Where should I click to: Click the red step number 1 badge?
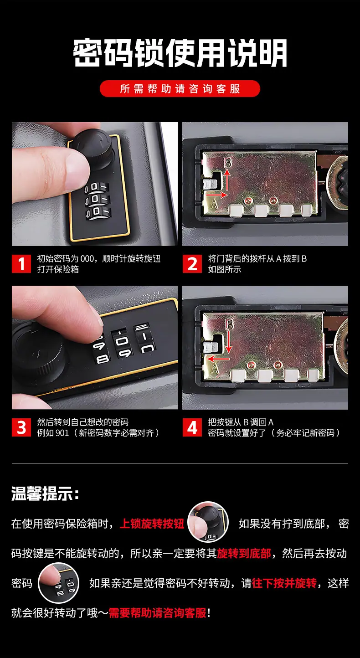point(21,264)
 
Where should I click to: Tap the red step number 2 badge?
point(192,264)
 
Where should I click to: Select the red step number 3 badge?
point(21,427)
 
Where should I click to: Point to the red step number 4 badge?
point(192,427)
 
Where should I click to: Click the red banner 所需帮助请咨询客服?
point(180,89)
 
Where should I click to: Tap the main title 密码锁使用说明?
point(180,53)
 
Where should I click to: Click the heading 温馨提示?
point(45,493)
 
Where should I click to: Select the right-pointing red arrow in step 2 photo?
point(216,195)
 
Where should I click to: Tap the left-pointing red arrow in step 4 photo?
point(218,359)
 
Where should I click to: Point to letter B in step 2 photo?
point(227,162)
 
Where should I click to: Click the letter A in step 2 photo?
point(214,204)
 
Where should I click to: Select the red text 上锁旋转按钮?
point(152,524)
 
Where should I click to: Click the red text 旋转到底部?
point(244,553)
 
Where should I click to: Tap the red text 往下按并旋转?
point(284,583)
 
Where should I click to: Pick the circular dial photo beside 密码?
point(59,583)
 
